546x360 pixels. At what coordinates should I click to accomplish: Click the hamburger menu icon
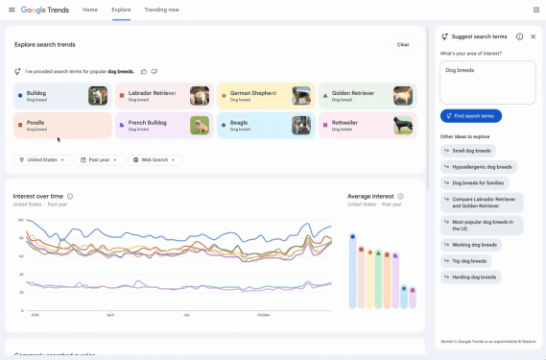[x=11, y=10]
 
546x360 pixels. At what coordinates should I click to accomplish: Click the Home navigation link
[x=89, y=10]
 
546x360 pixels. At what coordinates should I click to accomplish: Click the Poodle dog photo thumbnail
[x=97, y=126]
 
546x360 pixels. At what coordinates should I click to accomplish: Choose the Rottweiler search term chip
[x=368, y=126]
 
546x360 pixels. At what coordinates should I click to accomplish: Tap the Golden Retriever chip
[x=368, y=95]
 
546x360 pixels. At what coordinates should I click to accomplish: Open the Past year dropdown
[x=100, y=160]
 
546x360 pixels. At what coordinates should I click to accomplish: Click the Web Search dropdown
[x=155, y=160]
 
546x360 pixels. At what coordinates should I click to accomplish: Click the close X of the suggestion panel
[x=533, y=36]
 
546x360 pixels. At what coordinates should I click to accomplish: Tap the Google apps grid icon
[x=535, y=10]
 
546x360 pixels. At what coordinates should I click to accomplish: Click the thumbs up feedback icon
[x=144, y=71]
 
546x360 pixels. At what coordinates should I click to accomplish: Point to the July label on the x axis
[x=186, y=314]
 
